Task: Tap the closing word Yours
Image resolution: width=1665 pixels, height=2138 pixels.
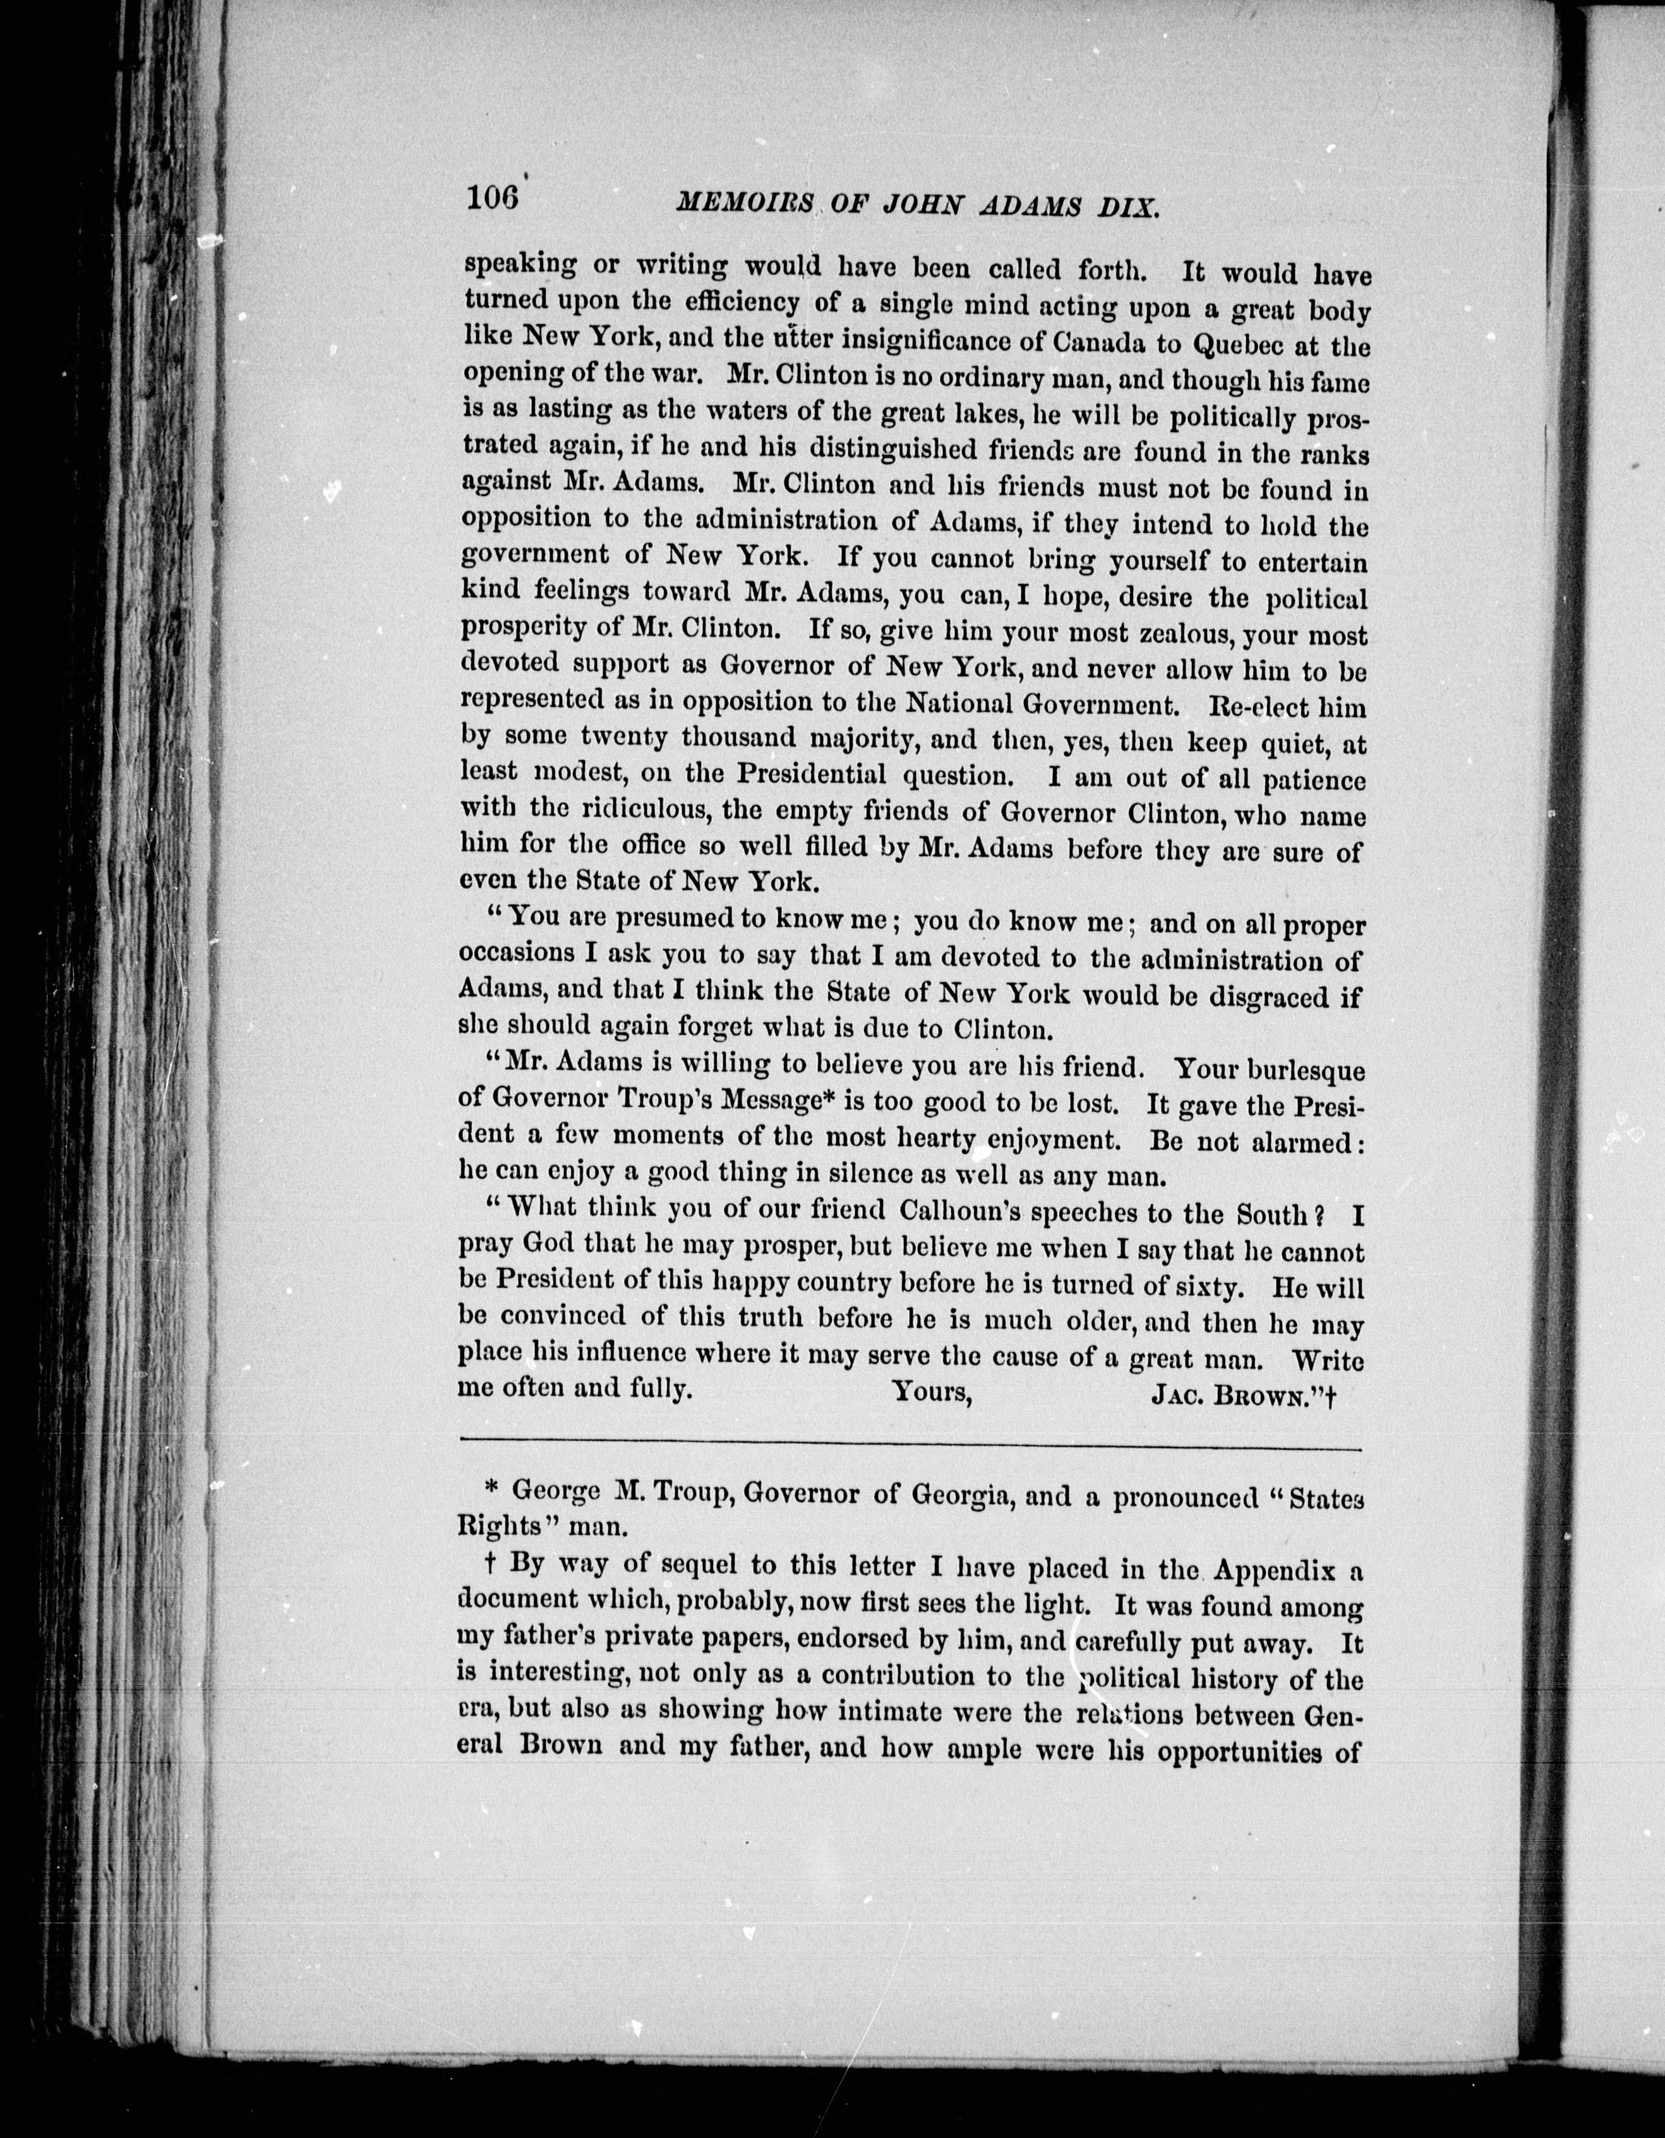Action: tap(930, 1390)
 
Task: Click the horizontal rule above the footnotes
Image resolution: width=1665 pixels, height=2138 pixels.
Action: tap(910, 1448)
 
